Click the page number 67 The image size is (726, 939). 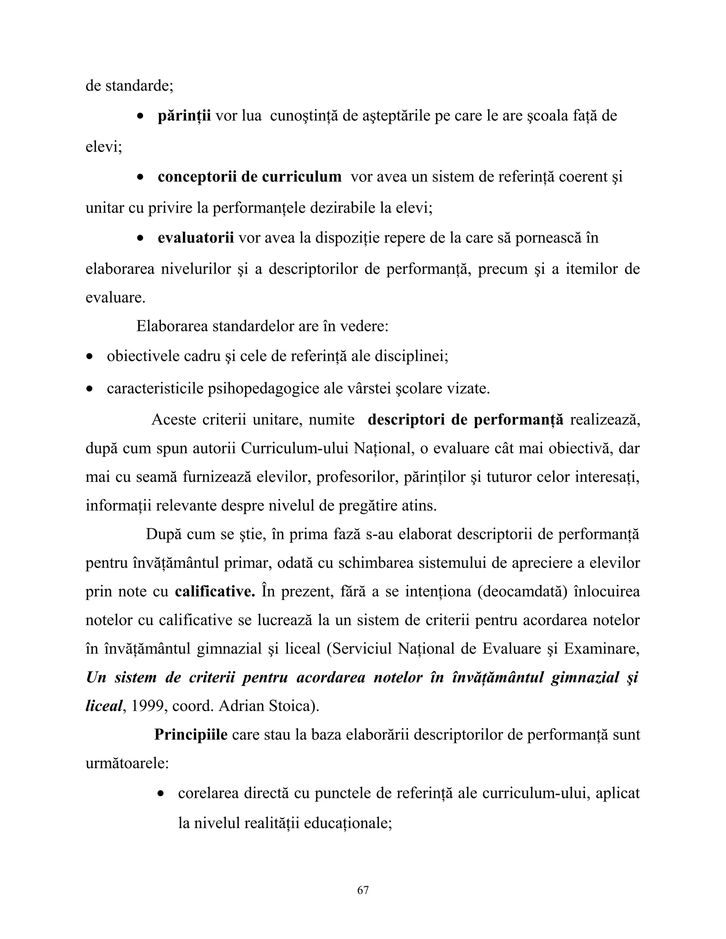pyautogui.click(x=363, y=890)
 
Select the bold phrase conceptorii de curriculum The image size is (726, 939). pyautogui.click(x=250, y=177)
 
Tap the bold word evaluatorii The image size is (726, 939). pyautogui.click(x=196, y=238)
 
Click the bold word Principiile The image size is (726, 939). pyautogui.click(x=190, y=735)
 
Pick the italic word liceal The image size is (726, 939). pyautogui.click(x=104, y=706)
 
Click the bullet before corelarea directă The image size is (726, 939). pyautogui.click(x=161, y=794)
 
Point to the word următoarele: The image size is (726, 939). pyautogui.click(x=127, y=764)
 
